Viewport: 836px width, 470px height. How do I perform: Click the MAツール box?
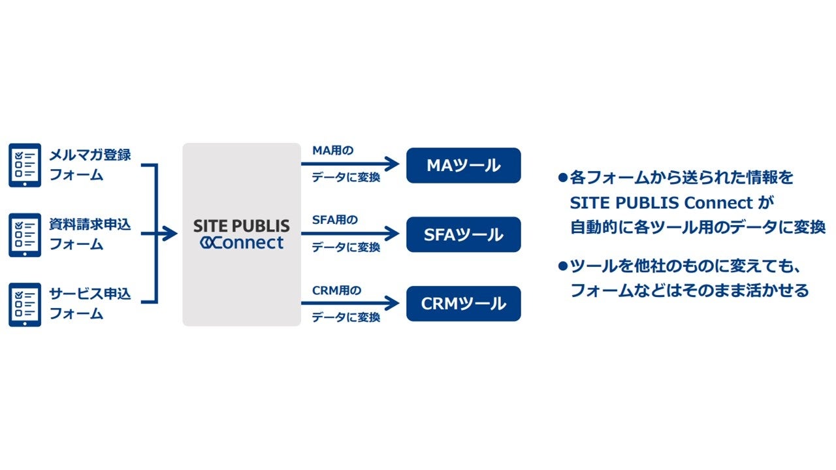tap(463, 165)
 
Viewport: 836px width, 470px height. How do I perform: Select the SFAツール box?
tap(463, 234)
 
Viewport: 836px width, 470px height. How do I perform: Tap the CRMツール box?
tap(463, 304)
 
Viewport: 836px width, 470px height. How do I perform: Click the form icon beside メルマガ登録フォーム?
tap(25, 165)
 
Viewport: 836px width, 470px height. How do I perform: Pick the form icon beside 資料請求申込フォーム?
tap(25, 234)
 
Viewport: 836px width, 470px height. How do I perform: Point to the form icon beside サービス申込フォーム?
tap(25, 304)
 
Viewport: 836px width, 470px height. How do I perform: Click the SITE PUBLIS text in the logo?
tap(241, 226)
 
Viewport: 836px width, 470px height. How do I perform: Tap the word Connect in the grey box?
tap(248, 243)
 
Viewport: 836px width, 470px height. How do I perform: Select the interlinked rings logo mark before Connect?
tap(206, 243)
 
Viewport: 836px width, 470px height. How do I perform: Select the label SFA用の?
tap(334, 220)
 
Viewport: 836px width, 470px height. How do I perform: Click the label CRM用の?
tap(336, 290)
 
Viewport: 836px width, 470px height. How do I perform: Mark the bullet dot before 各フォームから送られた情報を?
tap(562, 177)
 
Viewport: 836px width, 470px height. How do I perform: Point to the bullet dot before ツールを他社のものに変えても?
tap(562, 266)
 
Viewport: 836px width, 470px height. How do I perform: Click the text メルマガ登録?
tap(90, 155)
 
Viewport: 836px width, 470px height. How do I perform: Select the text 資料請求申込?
tap(90, 225)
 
